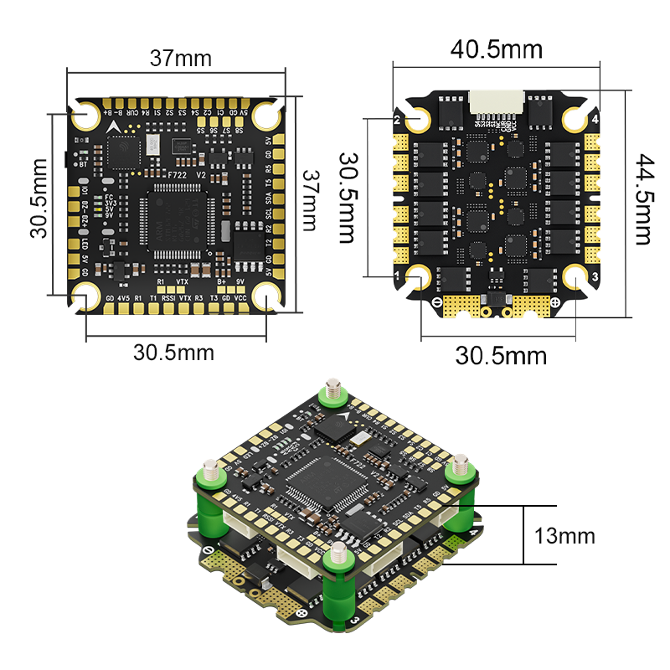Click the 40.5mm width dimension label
(x=497, y=49)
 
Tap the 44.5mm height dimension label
(x=642, y=198)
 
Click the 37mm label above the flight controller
(x=180, y=59)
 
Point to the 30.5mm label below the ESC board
(x=500, y=355)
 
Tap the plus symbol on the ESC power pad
(x=555, y=301)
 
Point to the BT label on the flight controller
(x=82, y=164)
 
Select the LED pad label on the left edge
(x=85, y=244)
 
